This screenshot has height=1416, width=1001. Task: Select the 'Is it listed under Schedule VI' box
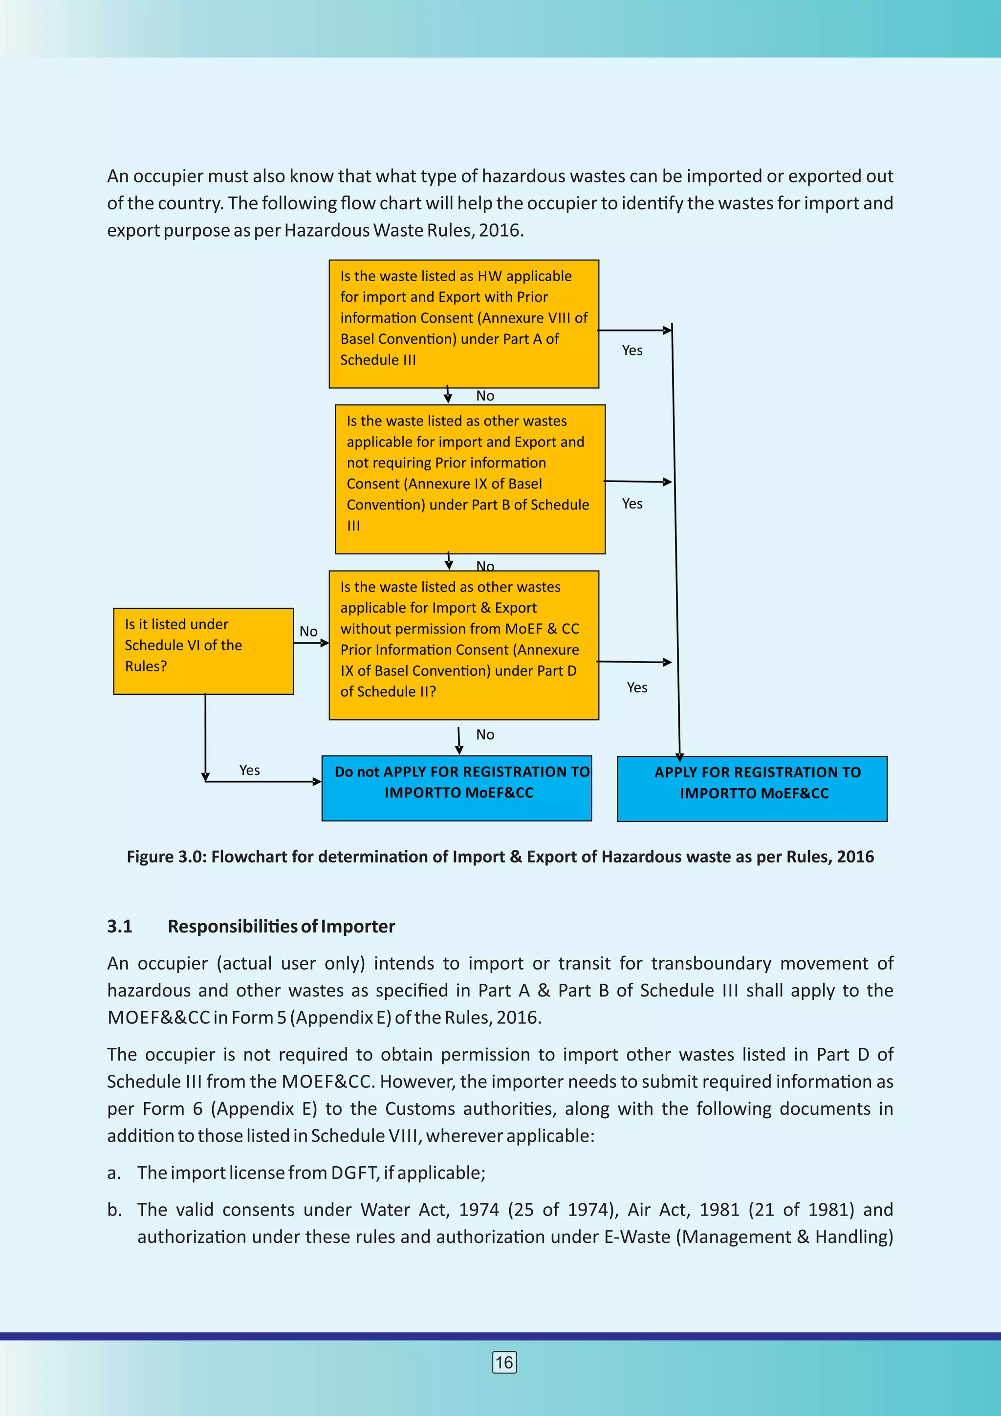(x=203, y=651)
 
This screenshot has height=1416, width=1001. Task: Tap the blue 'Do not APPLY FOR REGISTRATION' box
(x=457, y=788)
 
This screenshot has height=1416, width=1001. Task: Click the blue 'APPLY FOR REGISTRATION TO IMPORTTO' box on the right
(x=752, y=788)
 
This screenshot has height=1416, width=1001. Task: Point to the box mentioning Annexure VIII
(x=463, y=324)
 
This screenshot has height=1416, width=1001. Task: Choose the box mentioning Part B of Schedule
(x=470, y=479)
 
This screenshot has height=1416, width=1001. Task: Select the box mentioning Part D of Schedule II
(x=463, y=644)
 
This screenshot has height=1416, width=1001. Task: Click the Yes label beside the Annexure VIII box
(x=632, y=350)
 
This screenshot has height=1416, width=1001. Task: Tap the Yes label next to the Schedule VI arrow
(x=249, y=770)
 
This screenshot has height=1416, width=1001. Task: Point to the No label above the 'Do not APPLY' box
(x=485, y=734)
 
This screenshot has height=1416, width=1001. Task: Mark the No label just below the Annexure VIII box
(x=485, y=396)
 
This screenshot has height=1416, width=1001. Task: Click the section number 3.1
(x=120, y=927)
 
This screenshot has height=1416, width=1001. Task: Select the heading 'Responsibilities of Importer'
(x=281, y=927)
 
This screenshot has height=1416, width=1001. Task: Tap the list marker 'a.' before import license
(x=113, y=1173)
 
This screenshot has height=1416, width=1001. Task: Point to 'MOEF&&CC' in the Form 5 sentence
(x=158, y=1017)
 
